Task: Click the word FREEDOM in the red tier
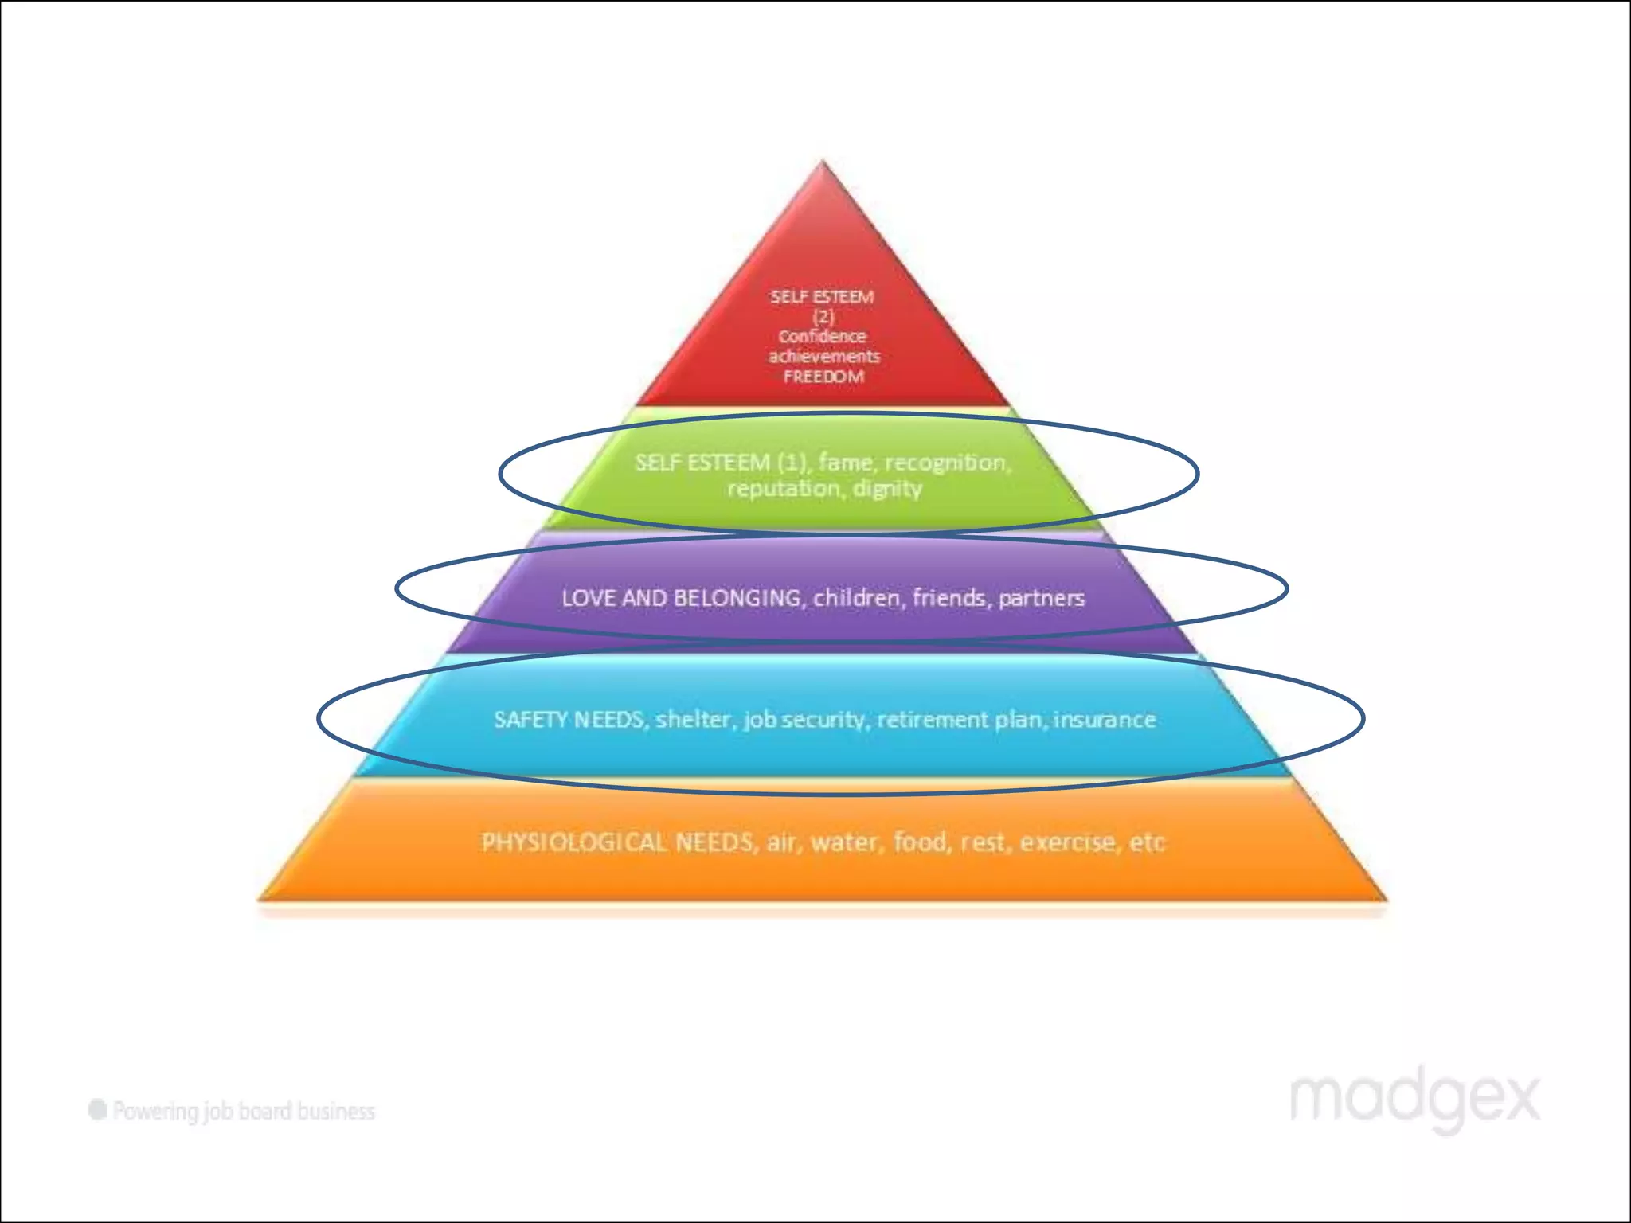[x=823, y=377]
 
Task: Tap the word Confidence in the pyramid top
[x=822, y=336]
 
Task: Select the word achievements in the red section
[x=823, y=356]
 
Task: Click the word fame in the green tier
[x=845, y=462]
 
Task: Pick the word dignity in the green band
[x=887, y=489]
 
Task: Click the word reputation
[x=783, y=489]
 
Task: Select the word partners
[x=1041, y=598]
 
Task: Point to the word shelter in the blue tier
[x=692, y=720]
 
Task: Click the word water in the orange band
[x=844, y=842]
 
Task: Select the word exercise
[x=1067, y=842]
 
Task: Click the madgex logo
[x=1414, y=1100]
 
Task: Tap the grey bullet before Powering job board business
[x=98, y=1110]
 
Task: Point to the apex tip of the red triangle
[x=823, y=164]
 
